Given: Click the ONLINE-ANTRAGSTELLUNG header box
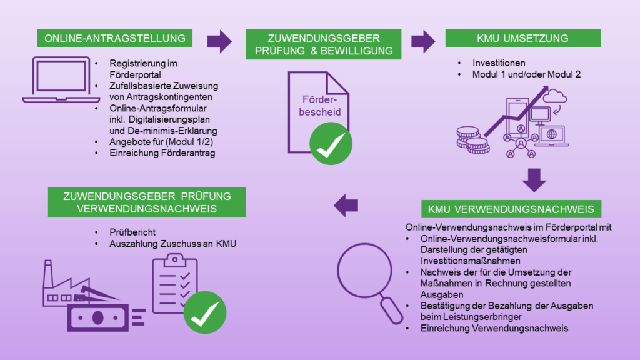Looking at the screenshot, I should pyautogui.click(x=115, y=38).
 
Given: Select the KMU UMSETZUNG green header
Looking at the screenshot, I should pyautogui.click(x=523, y=38).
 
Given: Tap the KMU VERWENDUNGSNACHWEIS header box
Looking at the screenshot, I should pyautogui.click(x=511, y=208).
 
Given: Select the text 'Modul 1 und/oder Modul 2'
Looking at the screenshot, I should pyautogui.click(x=526, y=74).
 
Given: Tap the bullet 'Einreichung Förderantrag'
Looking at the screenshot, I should pyautogui.click(x=162, y=153).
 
